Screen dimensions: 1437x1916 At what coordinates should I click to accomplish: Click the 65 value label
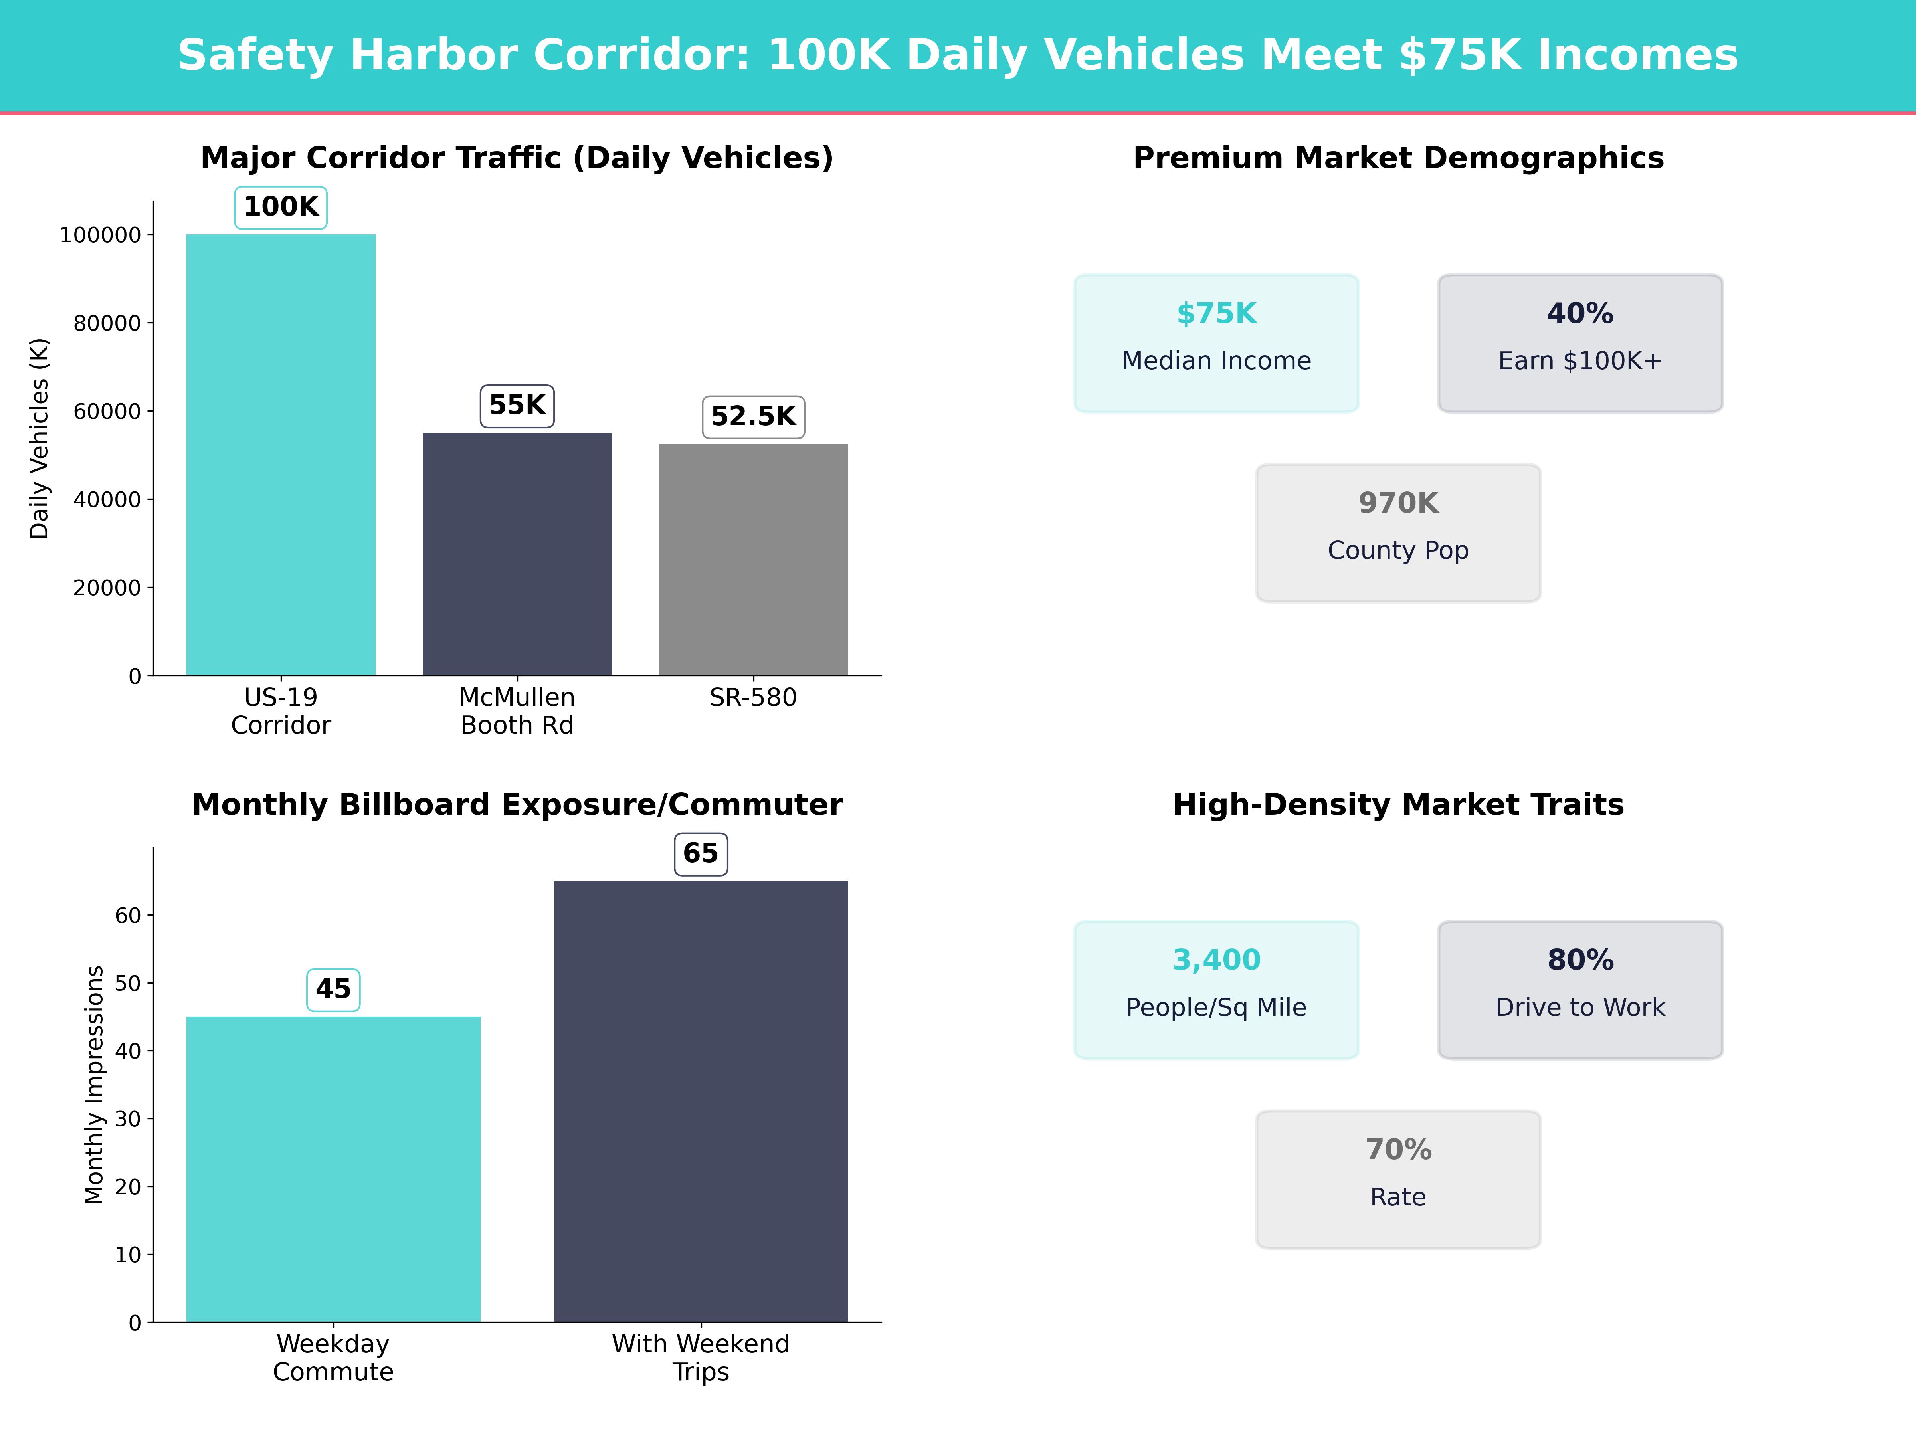(701, 854)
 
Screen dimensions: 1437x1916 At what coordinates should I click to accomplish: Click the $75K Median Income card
(1216, 343)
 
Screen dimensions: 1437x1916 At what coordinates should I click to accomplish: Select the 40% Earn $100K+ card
(1580, 343)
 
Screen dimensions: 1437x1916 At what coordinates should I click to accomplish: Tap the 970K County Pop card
(1398, 533)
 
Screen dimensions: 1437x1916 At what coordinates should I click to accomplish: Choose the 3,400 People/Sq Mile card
(1216, 989)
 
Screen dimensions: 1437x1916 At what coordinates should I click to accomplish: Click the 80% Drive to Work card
(1580, 989)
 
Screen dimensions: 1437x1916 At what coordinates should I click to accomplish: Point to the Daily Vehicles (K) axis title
(39, 438)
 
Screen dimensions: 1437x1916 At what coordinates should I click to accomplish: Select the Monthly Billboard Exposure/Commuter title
(517, 805)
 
